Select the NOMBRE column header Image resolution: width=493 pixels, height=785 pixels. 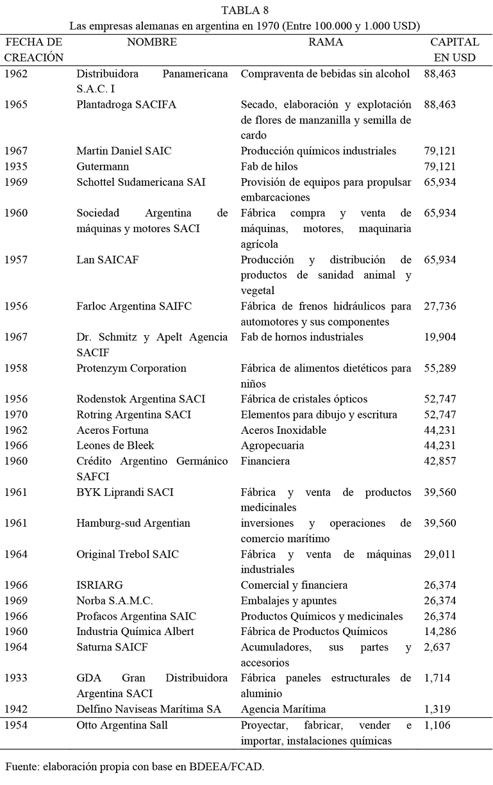152,42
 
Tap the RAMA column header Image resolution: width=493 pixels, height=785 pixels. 326,42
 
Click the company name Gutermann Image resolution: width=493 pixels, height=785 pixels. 103,167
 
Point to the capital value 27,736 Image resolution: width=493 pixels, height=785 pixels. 440,306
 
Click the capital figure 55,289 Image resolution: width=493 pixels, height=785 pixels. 440,368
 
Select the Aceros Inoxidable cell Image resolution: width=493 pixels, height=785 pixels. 283,430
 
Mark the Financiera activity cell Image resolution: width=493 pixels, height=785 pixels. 265,461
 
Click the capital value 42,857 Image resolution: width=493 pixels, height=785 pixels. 440,461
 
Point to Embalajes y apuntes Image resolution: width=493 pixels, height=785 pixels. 288,600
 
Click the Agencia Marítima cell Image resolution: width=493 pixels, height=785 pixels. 283,709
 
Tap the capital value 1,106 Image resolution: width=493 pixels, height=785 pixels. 438,725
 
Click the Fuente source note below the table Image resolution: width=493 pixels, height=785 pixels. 134,767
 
